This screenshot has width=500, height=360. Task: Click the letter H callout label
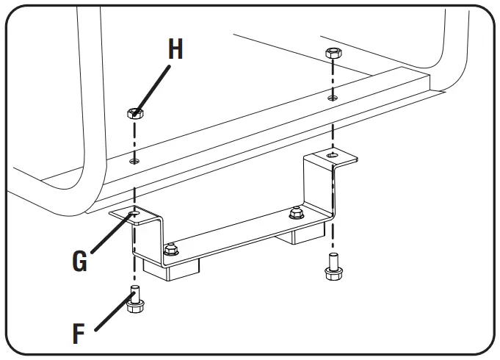(x=175, y=49)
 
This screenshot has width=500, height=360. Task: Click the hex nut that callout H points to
(x=134, y=114)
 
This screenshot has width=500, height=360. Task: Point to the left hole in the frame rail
(x=134, y=160)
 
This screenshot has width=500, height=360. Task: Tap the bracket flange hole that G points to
(x=134, y=215)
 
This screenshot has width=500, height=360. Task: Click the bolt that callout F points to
(x=134, y=303)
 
